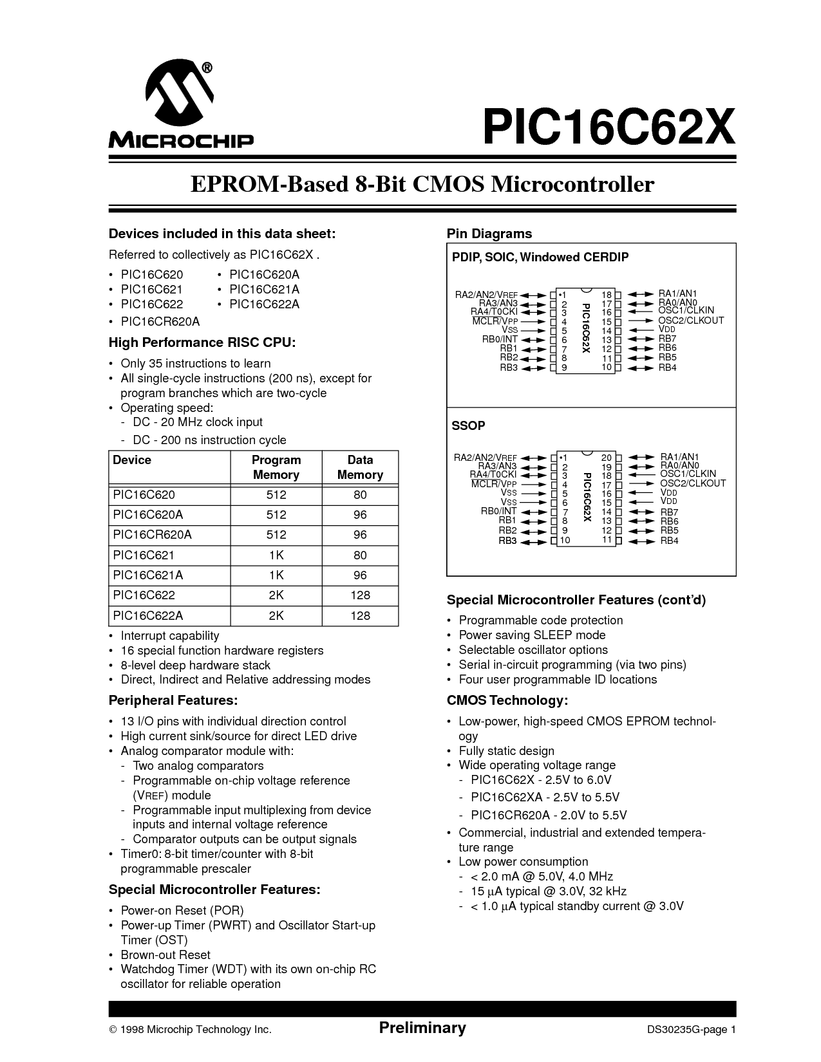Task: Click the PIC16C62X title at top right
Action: click(609, 127)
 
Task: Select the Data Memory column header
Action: click(359, 467)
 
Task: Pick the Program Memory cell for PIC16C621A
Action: click(276, 575)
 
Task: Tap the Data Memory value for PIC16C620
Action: click(359, 495)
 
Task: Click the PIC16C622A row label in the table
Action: click(148, 615)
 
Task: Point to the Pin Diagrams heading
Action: click(489, 234)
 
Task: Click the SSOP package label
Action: click(468, 425)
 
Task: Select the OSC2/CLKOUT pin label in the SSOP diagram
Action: click(693, 483)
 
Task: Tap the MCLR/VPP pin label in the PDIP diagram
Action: click(495, 321)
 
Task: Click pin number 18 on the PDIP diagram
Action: click(607, 295)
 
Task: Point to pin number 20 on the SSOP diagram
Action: click(607, 458)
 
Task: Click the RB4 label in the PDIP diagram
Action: click(667, 368)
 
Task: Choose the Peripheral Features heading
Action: click(173, 700)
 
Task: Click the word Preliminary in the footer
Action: click(422, 1027)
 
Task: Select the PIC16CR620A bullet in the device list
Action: click(160, 321)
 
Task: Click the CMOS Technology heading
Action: click(507, 700)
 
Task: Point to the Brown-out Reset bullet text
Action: click(165, 955)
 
